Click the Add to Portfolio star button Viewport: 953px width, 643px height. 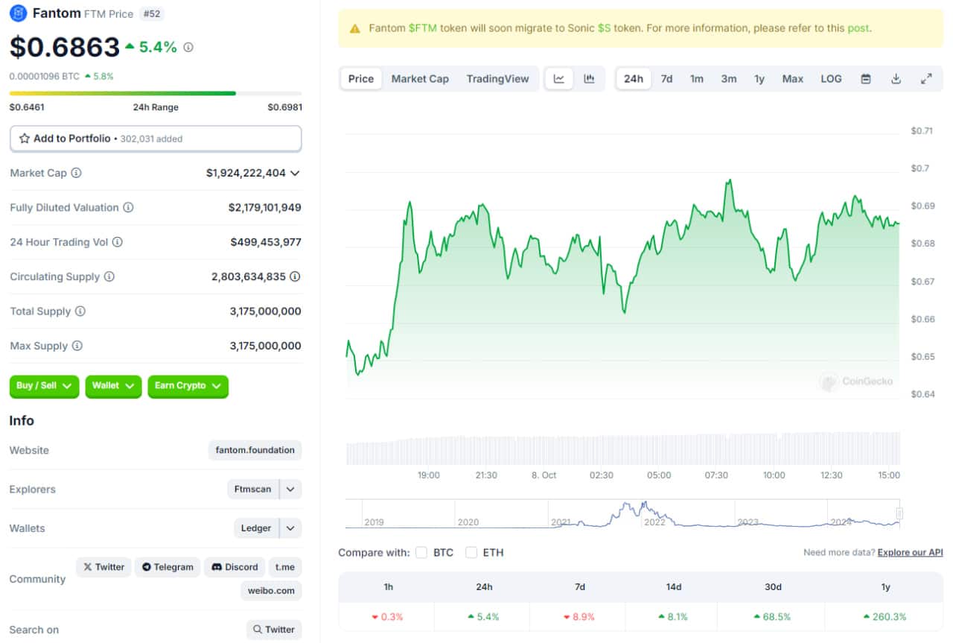[x=156, y=139]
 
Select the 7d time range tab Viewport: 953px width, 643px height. [x=666, y=79]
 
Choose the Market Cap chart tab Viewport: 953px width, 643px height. [x=420, y=79]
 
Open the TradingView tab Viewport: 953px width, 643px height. [x=497, y=79]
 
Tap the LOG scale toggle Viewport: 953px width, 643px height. [x=831, y=79]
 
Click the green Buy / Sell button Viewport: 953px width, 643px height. [x=44, y=386]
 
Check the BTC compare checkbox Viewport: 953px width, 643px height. [x=421, y=552]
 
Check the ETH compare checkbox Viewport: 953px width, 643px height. [x=471, y=552]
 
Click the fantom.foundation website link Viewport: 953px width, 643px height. [x=255, y=450]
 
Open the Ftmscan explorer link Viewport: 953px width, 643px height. [x=252, y=489]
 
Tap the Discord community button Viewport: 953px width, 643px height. [x=235, y=567]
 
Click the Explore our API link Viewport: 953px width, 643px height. [x=910, y=552]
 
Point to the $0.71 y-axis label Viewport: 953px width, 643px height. [x=922, y=130]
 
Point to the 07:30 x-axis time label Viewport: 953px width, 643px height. [x=716, y=475]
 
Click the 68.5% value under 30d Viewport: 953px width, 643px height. [x=772, y=617]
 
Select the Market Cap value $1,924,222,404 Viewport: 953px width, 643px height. [x=246, y=173]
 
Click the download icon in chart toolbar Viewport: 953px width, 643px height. [x=896, y=79]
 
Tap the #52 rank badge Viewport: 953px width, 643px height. [x=151, y=14]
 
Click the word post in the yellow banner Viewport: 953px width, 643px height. [x=858, y=28]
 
